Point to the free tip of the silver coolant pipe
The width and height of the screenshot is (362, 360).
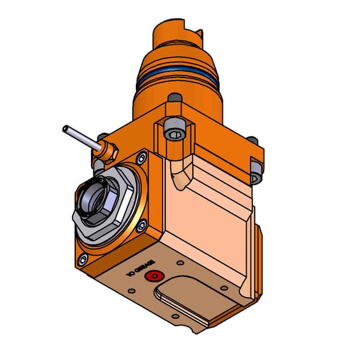(x=66, y=129)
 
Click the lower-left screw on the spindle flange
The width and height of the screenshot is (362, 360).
(x=83, y=259)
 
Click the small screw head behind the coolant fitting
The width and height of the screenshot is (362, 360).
(x=102, y=137)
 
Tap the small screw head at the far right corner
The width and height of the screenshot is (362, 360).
(x=253, y=141)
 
